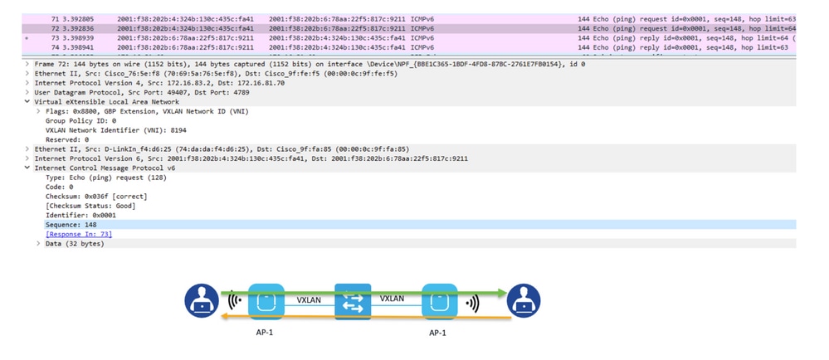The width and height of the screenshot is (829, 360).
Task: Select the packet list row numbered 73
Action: click(x=408, y=38)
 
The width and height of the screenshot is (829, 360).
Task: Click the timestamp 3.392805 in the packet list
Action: click(x=78, y=19)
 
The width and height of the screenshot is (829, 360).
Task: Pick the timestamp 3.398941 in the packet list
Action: click(x=78, y=47)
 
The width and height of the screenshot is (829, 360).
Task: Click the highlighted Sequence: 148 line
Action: click(x=71, y=225)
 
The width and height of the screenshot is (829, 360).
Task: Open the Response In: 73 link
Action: click(x=79, y=234)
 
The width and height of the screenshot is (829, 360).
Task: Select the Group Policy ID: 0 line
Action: click(x=80, y=120)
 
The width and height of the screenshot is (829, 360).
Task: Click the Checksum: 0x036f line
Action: click(x=96, y=196)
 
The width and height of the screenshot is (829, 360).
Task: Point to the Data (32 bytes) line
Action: click(x=75, y=244)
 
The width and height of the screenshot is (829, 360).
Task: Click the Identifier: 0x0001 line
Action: click(x=80, y=215)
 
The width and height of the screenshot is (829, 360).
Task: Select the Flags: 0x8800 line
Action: click(x=147, y=111)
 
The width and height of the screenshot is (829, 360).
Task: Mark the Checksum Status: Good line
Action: click(x=90, y=206)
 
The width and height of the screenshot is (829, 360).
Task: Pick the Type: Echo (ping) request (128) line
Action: click(x=105, y=178)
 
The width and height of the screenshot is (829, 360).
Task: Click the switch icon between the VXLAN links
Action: click(x=352, y=301)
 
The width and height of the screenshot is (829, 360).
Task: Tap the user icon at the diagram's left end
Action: click(x=202, y=300)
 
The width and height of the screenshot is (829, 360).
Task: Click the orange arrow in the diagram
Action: click(x=366, y=317)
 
